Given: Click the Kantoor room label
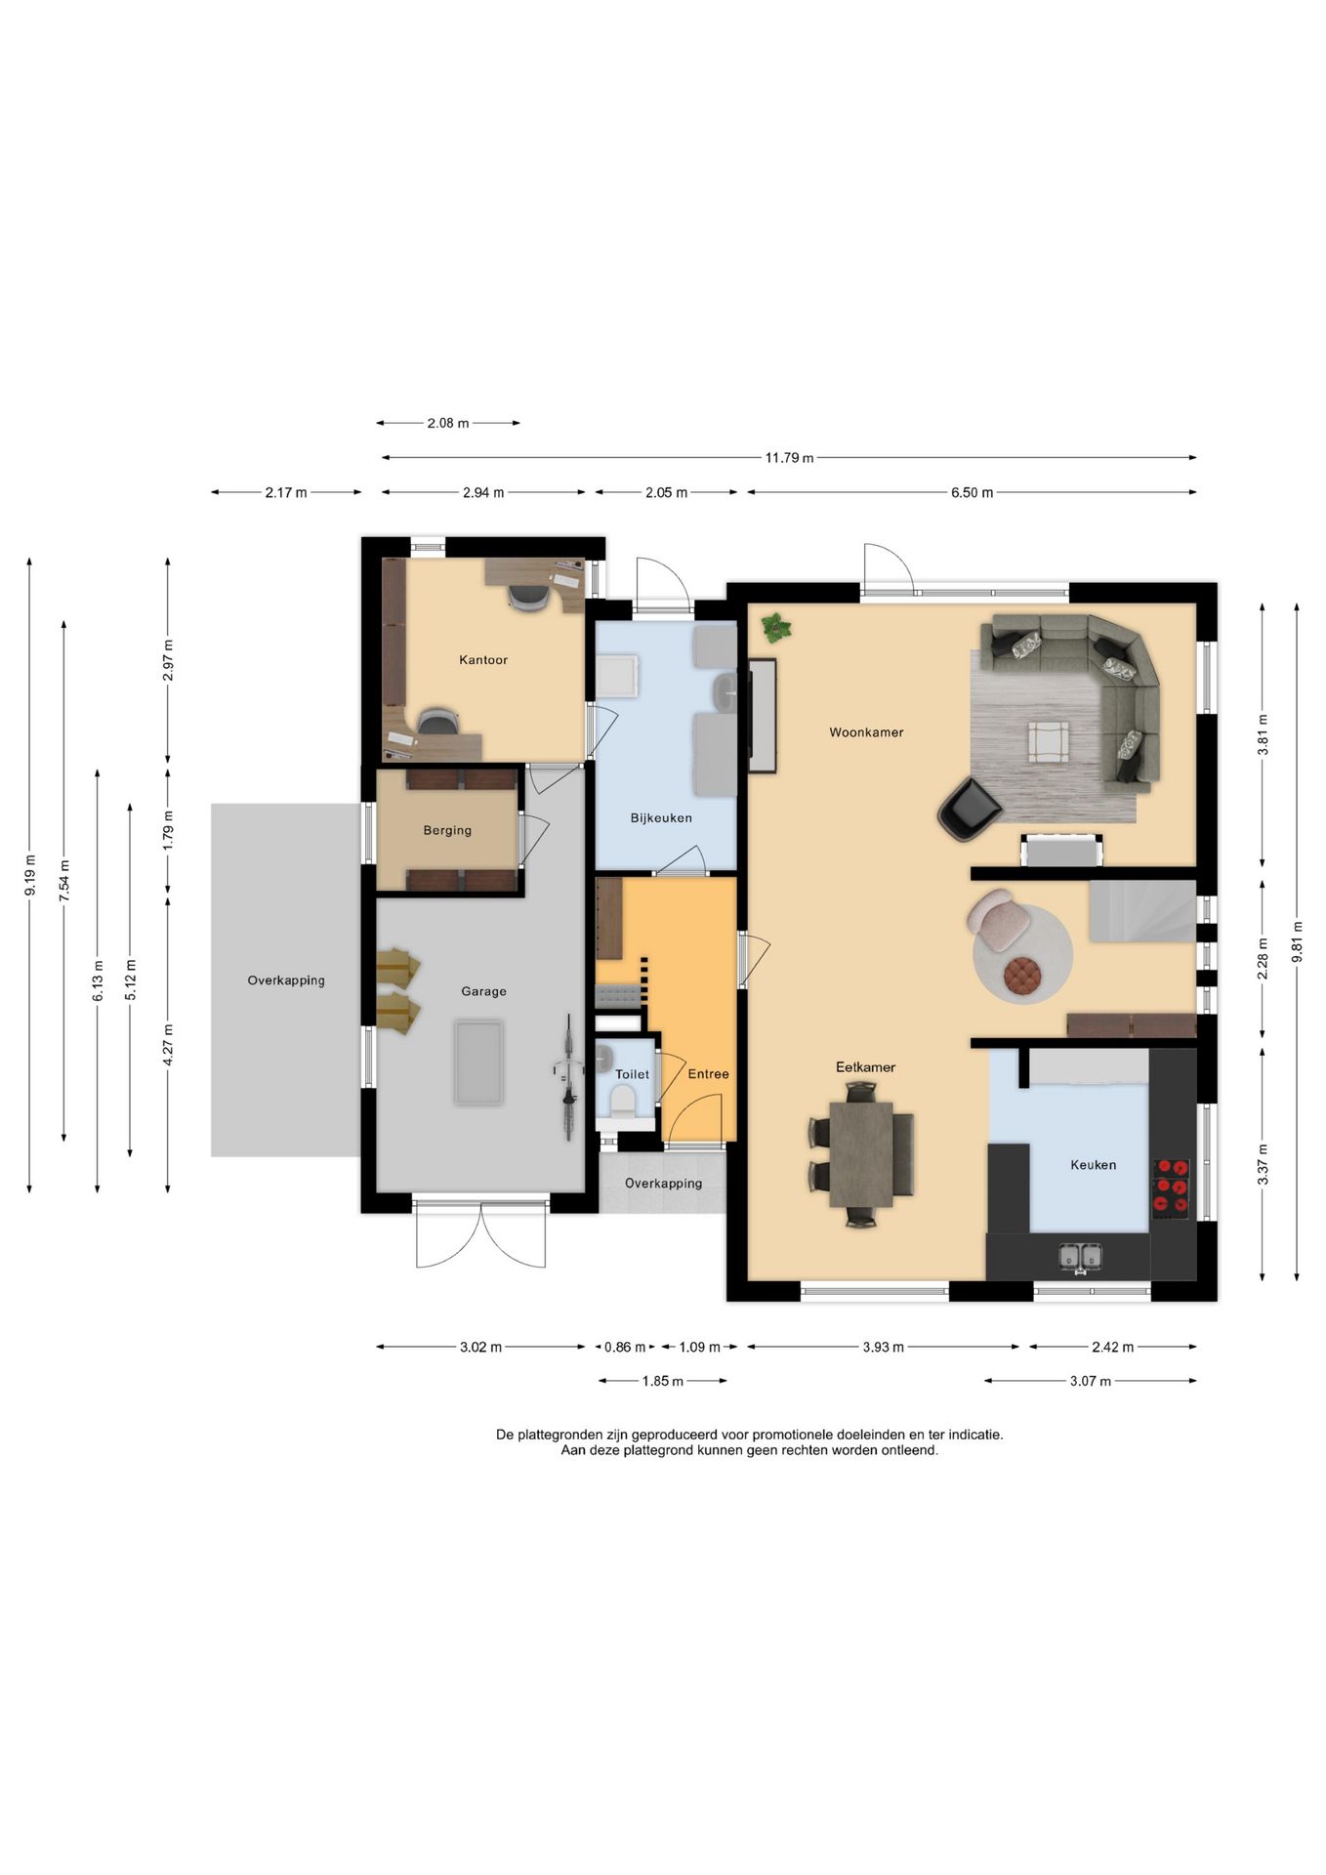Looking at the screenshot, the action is pos(483,660).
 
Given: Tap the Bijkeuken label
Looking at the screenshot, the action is pos(661,818).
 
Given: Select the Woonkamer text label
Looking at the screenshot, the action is pos(866,732).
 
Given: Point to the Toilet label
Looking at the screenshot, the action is pos(632,1074).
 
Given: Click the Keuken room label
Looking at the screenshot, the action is pos(1093,1165).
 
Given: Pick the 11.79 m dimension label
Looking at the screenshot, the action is pos(789,457).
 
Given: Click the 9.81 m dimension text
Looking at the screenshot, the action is pos(1297,942).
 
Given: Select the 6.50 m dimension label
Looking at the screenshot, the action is pos(972,492).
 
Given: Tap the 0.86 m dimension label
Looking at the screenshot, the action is pos(625,1347).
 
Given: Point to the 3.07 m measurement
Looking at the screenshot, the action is pos(1091,1381).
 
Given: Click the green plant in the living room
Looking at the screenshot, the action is pos(776,628).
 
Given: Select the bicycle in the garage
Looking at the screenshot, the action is pos(567,1077).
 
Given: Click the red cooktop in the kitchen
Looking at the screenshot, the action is pos(1172,1188).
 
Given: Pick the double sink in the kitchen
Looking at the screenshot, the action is pos(1080,1258).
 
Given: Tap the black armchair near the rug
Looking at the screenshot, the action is pos(969,810).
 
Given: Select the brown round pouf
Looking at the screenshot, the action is pos(1023,976).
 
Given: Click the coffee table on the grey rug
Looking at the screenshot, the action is pos(1047,740).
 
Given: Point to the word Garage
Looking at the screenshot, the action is pos(483,991).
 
